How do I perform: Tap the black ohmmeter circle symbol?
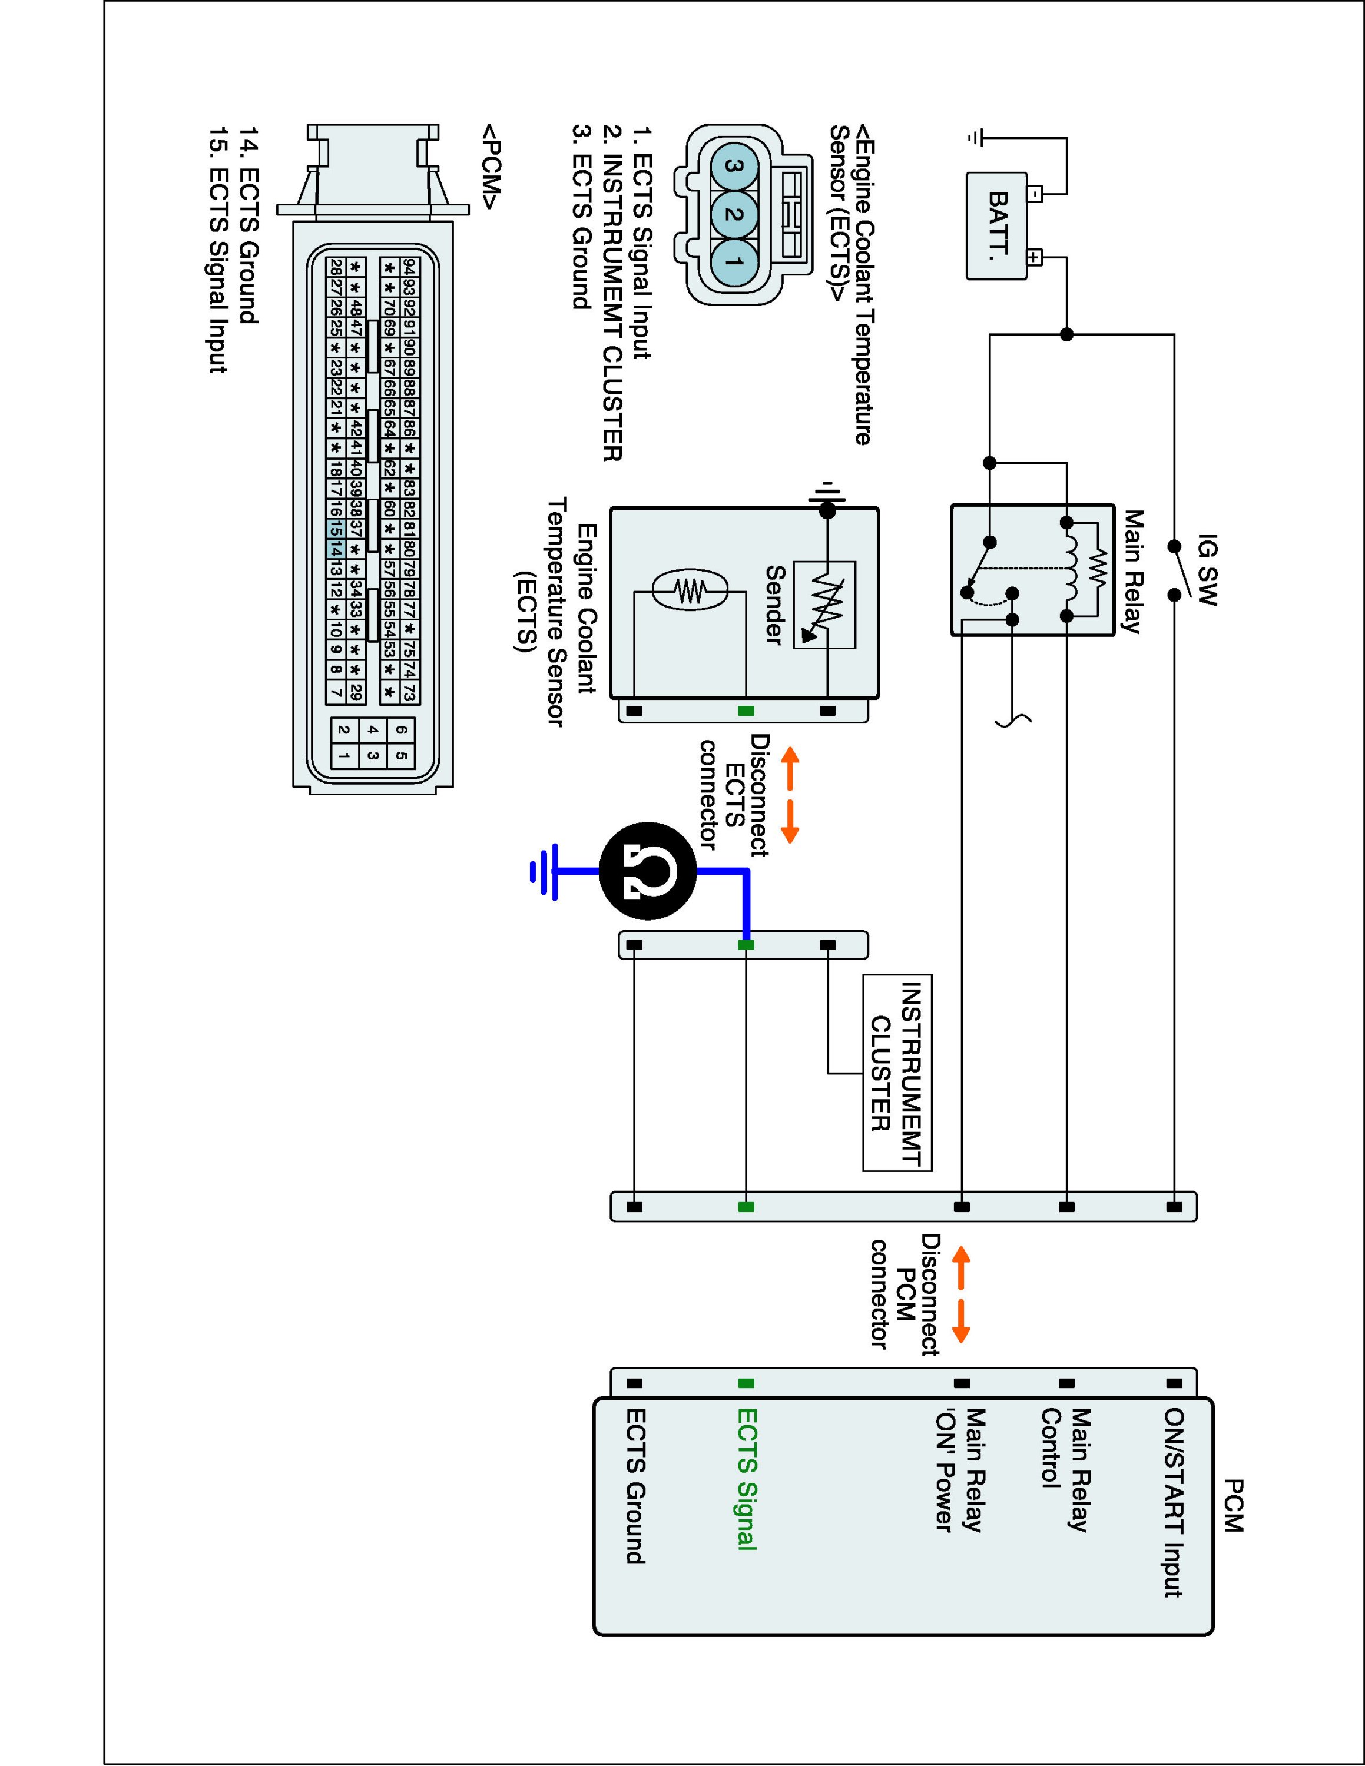648,871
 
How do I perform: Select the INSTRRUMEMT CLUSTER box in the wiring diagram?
897,1072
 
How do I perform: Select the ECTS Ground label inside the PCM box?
635,1486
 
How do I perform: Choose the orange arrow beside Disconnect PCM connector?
960,1294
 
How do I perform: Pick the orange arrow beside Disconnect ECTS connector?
789,795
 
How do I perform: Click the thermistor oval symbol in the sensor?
690,590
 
